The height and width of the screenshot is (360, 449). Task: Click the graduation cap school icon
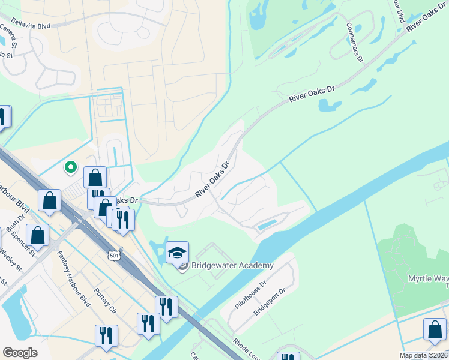[x=178, y=253]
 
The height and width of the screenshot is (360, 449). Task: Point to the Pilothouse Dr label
[x=250, y=295]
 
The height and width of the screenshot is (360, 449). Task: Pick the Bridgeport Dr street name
[x=268, y=303]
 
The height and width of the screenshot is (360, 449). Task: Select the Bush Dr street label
[x=12, y=225]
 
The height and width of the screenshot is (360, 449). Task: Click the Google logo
[x=20, y=353]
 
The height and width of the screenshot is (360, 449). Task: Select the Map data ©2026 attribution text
[x=423, y=355]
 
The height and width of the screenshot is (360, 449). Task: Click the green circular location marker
[x=71, y=167]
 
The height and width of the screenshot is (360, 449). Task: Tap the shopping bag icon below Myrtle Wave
[x=435, y=330]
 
